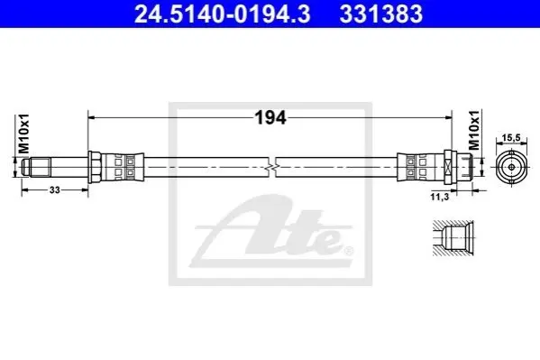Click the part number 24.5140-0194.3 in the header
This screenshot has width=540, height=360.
222,14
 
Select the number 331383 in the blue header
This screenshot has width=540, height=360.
381,14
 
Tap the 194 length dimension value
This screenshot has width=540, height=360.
270,118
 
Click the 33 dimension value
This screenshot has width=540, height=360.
55,189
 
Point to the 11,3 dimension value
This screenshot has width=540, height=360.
439,197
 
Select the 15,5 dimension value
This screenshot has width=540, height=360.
511,138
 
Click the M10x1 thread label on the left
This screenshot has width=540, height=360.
24,134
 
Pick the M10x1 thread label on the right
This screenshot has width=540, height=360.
474,130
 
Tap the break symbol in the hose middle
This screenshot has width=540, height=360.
271,168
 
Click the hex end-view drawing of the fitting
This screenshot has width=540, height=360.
511,167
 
